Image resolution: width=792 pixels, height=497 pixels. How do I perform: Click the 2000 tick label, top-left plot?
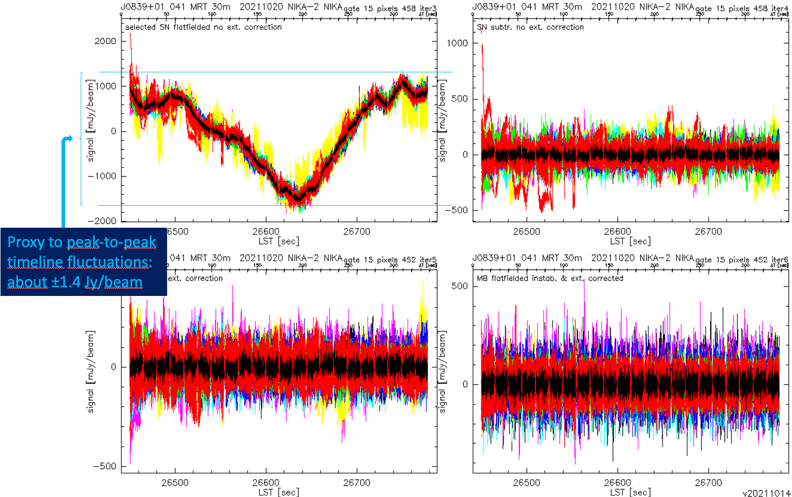[105, 41]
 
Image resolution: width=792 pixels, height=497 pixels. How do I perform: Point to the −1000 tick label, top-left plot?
[103, 176]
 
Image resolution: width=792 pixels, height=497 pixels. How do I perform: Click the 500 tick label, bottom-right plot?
[459, 286]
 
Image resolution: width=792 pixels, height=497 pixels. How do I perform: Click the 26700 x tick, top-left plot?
[356, 232]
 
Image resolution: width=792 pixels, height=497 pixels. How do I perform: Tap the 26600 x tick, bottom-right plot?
[617, 483]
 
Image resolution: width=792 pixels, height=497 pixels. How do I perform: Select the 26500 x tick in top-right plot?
[526, 232]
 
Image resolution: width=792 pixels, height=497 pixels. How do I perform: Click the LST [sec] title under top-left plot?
[278, 241]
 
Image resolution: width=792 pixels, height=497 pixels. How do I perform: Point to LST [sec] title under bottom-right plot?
[630, 492]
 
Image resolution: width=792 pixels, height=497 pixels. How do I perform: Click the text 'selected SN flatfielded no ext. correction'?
[203, 27]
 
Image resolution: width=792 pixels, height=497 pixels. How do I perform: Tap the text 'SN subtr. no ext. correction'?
[530, 27]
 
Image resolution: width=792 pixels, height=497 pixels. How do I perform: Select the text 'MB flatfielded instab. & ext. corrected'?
[550, 279]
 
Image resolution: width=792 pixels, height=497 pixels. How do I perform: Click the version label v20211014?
[766, 493]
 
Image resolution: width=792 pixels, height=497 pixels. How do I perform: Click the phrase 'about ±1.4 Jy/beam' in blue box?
[75, 282]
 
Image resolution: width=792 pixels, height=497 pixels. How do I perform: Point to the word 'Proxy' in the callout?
[27, 242]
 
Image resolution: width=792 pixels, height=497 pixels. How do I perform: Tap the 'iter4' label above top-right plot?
[780, 9]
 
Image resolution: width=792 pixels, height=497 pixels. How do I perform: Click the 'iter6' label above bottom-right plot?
[780, 260]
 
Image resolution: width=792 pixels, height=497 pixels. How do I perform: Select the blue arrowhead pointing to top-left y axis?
[70, 138]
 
